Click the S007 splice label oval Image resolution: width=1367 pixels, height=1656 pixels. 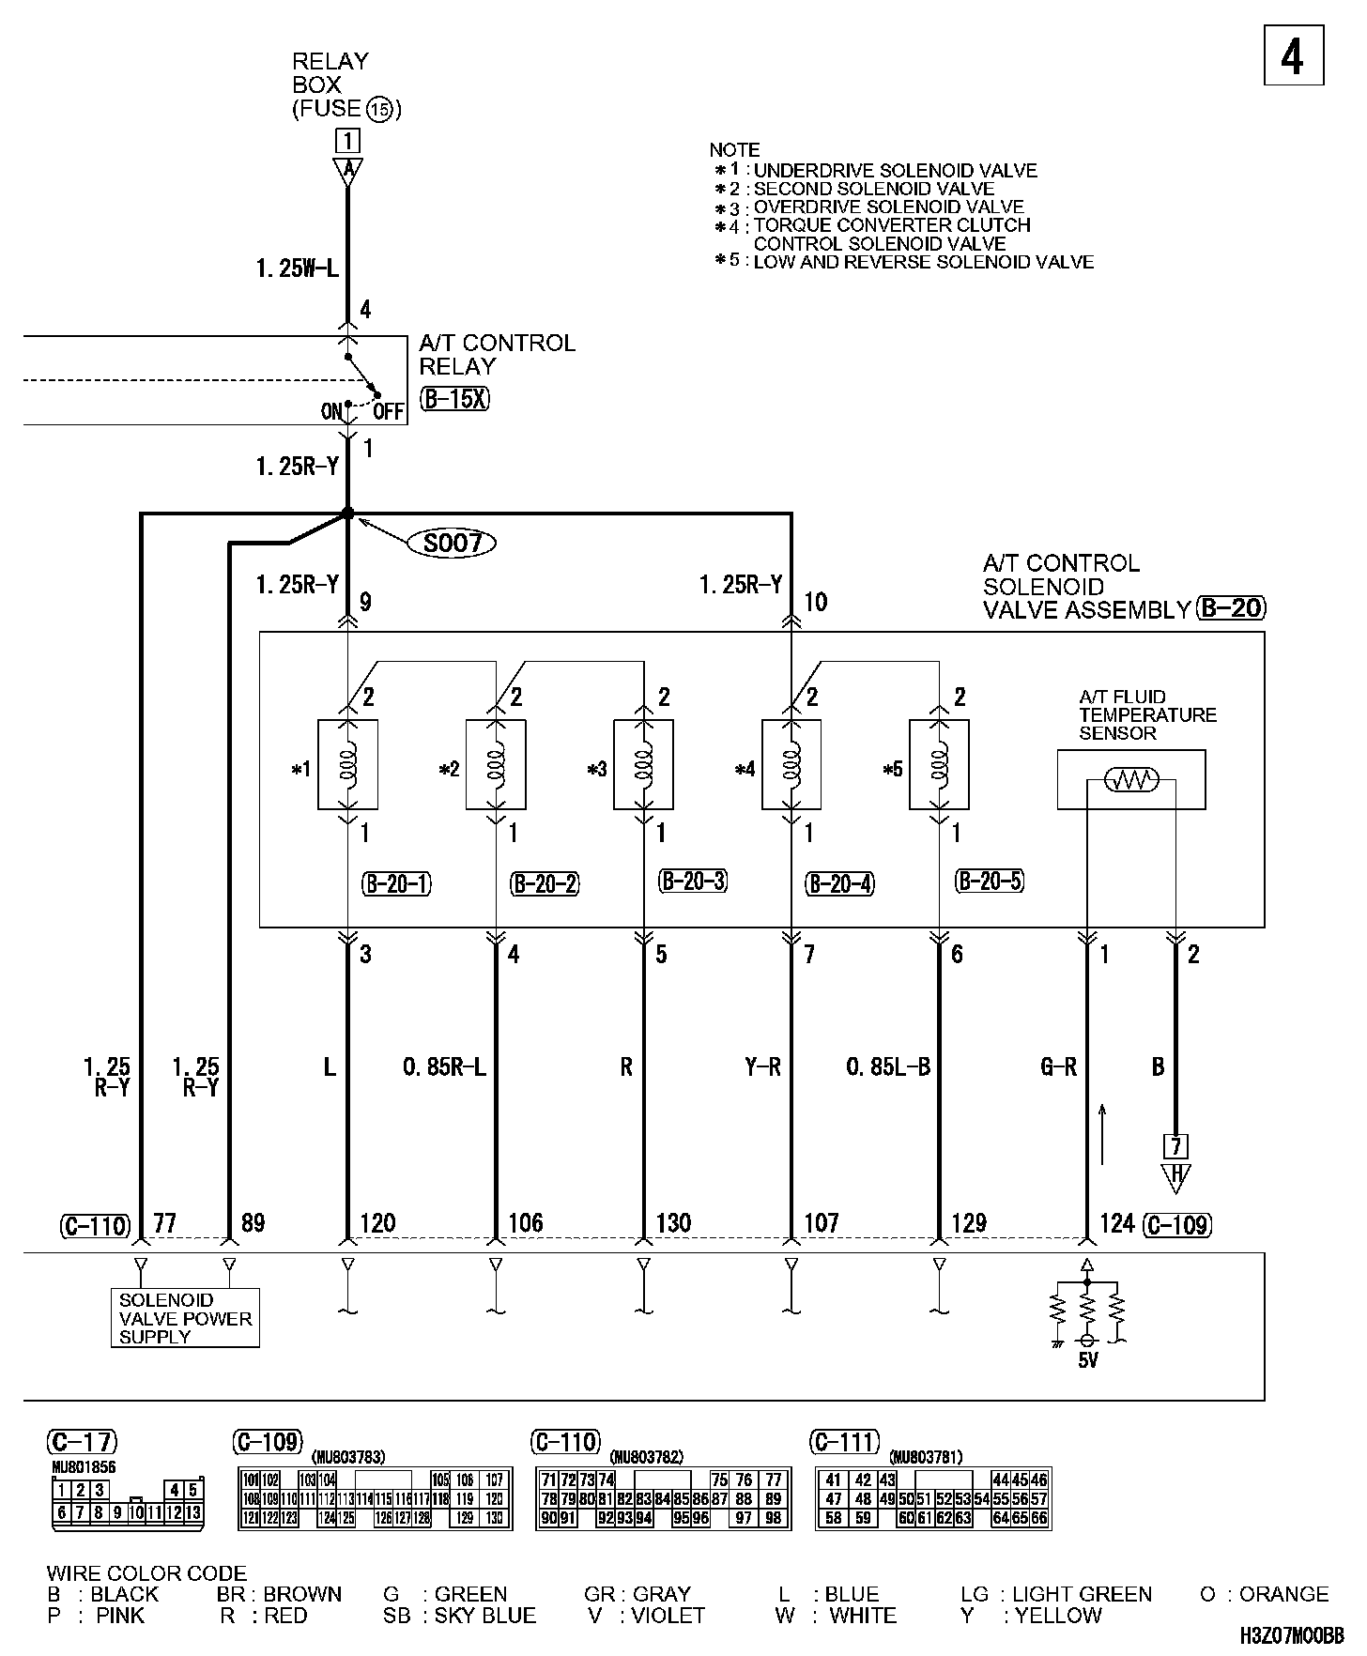[453, 543]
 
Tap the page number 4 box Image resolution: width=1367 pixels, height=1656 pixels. [1293, 57]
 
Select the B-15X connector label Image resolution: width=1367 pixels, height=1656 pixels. [455, 399]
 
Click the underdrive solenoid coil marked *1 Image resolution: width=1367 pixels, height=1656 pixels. [348, 764]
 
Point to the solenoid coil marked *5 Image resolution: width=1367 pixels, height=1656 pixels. [939, 764]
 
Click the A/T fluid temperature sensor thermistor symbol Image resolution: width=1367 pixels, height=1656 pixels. [1131, 779]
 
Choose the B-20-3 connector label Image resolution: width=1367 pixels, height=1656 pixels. [694, 882]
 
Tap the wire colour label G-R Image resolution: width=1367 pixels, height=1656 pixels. [1058, 1066]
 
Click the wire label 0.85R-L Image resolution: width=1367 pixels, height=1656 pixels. [445, 1066]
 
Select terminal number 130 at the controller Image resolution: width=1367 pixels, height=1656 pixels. [673, 1223]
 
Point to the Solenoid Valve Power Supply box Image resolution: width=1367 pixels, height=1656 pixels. [185, 1318]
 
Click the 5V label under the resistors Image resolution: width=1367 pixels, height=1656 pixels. [1087, 1360]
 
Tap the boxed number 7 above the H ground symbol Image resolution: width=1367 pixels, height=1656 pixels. [1175, 1145]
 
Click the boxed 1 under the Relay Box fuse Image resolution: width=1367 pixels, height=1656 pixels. [348, 141]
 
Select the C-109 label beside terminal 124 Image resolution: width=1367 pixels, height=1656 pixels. [1178, 1224]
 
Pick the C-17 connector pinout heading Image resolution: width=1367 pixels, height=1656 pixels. [83, 1442]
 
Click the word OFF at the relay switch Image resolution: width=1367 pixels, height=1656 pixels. [388, 411]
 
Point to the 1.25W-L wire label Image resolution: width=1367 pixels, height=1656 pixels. [297, 269]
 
